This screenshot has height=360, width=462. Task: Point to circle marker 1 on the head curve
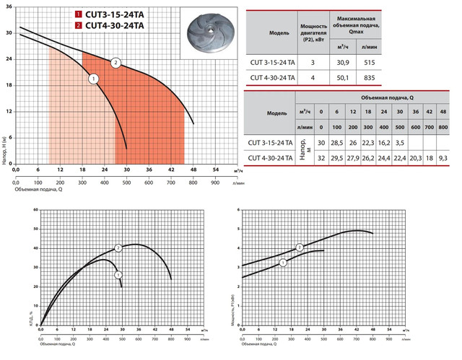(x=93, y=79)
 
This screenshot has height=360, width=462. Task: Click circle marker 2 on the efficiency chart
(x=118, y=247)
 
